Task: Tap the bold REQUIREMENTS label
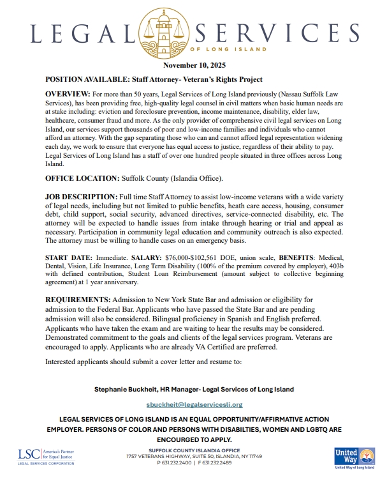(78, 300)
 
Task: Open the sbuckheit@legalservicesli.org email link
(194, 404)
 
